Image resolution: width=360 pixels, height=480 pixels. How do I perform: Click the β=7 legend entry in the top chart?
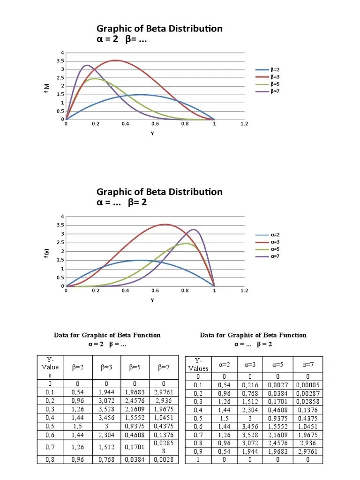pyautogui.click(x=275, y=91)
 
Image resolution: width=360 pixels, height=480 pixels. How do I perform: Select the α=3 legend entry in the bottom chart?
pyautogui.click(x=275, y=242)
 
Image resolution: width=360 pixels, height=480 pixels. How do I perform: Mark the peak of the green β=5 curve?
pyautogui.click(x=95, y=79)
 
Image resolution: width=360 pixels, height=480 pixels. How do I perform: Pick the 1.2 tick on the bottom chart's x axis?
pyautogui.click(x=244, y=291)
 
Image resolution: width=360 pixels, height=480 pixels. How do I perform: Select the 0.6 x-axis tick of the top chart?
pyautogui.click(x=155, y=124)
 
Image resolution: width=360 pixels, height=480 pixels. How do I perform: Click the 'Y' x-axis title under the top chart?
pyautogui.click(x=152, y=134)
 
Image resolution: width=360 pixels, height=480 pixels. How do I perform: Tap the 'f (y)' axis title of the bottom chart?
pyautogui.click(x=46, y=253)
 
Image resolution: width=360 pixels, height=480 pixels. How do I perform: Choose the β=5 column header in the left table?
pyautogui.click(x=135, y=367)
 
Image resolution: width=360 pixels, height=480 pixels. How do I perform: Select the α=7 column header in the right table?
pyautogui.click(x=307, y=364)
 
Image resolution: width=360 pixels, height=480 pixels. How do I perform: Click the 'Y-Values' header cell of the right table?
pyautogui.click(x=198, y=364)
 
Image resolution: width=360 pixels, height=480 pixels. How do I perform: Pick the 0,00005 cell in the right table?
pyautogui.click(x=307, y=385)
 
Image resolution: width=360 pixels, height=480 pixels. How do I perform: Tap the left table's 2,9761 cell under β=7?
pyautogui.click(x=164, y=391)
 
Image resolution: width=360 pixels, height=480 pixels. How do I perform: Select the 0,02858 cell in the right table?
pyautogui.click(x=307, y=402)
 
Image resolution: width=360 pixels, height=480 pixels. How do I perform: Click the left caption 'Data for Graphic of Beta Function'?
pyautogui.click(x=107, y=335)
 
